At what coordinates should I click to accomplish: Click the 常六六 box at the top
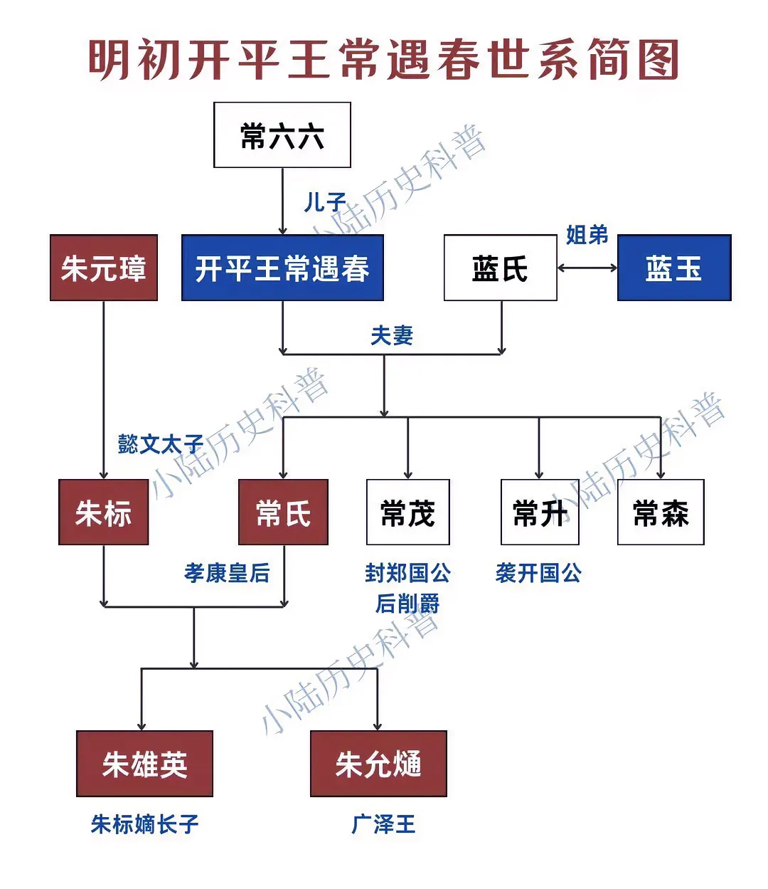point(282,135)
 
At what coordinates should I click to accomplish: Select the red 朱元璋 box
point(104,268)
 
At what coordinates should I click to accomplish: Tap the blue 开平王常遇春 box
point(282,268)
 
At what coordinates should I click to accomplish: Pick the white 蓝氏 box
point(500,268)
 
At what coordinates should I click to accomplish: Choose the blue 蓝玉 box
point(674,268)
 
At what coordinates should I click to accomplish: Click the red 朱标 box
point(104,512)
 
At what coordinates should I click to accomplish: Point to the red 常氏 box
point(283,512)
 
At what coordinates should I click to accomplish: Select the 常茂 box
point(407,512)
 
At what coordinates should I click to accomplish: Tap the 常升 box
point(540,512)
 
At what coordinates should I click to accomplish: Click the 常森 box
point(661,512)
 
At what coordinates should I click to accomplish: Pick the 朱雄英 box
point(144,764)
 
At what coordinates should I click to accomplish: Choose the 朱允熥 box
point(378,764)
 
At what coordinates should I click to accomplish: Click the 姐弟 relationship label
point(587,235)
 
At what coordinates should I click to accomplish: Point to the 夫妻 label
point(392,335)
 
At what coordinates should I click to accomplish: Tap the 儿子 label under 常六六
point(325,202)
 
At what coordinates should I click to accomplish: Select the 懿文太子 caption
point(161,444)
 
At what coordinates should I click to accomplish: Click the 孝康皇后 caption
point(227,573)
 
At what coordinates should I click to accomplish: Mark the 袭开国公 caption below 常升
point(538,573)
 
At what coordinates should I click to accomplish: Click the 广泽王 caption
point(383,824)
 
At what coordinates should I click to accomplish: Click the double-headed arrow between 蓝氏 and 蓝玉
point(587,268)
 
